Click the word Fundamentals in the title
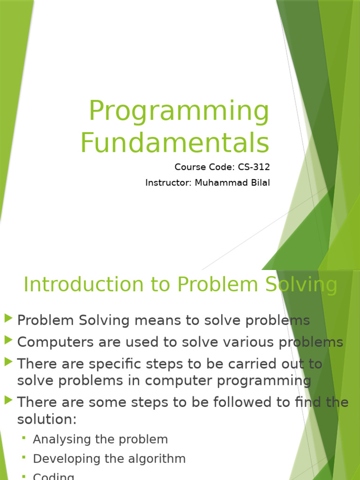coord(175,142)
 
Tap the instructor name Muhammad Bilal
coord(232,183)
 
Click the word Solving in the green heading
coord(300,285)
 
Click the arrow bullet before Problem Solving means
coord(8,319)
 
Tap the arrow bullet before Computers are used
coord(8,340)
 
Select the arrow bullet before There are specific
coord(8,362)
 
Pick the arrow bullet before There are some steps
coord(8,400)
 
